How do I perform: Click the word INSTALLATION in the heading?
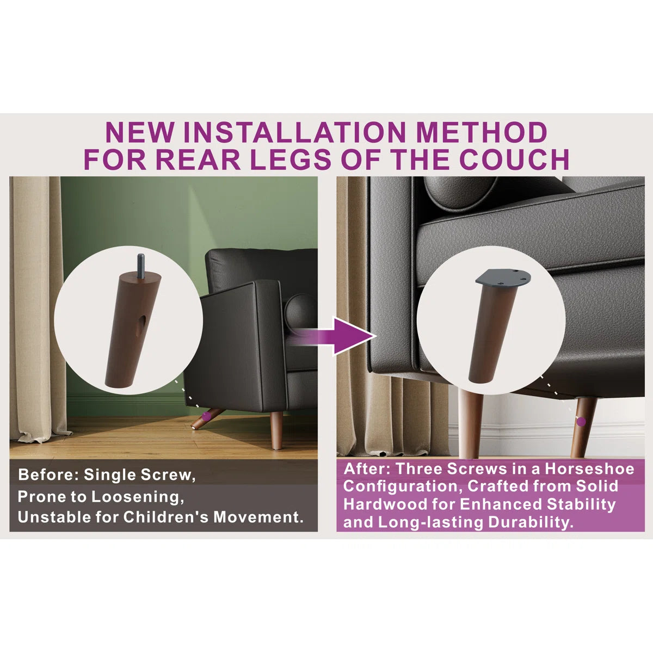294,132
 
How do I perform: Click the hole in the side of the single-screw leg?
142,325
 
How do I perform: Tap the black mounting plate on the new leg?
503,279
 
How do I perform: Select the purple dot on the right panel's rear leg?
581,422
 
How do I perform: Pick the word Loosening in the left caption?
137,497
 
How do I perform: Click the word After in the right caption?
367,469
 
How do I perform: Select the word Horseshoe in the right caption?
589,469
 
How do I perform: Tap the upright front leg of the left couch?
276,430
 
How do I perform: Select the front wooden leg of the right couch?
471,423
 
